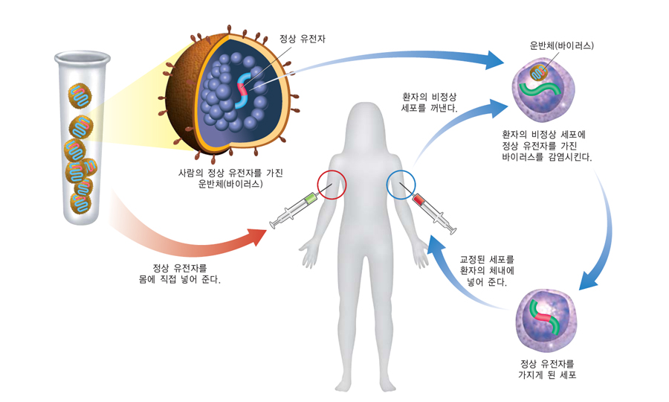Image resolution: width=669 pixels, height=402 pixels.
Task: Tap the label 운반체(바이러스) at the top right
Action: tap(562, 45)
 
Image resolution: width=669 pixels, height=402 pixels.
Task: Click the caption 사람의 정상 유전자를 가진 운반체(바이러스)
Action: tap(230, 178)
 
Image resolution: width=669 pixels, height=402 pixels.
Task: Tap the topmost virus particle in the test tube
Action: tap(80, 94)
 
